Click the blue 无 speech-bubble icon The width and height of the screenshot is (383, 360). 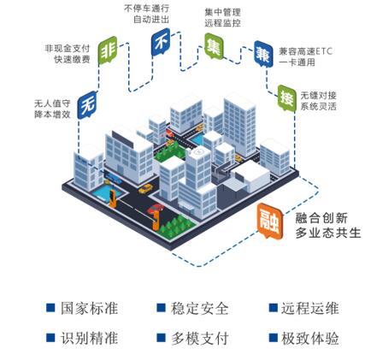87,104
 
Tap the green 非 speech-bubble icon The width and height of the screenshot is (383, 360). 108,50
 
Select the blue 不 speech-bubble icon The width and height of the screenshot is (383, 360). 161,42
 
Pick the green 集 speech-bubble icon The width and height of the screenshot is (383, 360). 214,46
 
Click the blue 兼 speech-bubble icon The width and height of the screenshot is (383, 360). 263,54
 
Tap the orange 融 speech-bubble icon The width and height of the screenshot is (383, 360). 270,221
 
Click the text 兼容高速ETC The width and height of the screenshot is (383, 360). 306,51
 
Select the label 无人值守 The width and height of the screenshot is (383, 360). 52,103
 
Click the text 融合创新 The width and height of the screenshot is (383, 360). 321,218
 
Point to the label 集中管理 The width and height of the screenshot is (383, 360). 222,12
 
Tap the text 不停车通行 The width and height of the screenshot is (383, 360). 146,8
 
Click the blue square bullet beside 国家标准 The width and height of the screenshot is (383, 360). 50,308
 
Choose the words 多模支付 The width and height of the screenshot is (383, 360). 200,339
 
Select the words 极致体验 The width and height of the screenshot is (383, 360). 310,339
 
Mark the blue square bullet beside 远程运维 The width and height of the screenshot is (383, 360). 274,308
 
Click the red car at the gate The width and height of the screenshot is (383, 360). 156,209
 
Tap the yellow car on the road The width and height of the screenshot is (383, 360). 145,188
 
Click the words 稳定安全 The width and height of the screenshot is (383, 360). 200,309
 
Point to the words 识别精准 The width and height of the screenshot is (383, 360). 89,339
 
